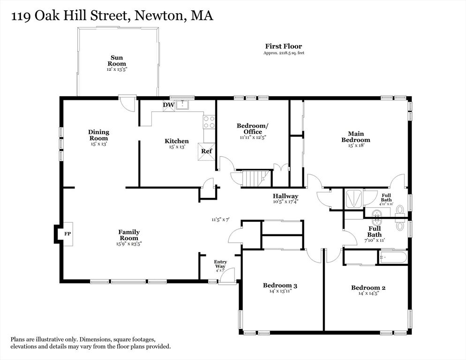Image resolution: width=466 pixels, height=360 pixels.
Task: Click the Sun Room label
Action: tap(116, 60)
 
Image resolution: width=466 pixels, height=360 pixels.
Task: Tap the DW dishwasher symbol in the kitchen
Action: tap(168, 105)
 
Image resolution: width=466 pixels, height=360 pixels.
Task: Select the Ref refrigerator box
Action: tap(206, 151)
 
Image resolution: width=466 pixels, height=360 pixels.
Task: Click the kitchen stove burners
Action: tap(209, 122)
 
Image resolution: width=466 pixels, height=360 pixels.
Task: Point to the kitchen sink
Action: tap(182, 105)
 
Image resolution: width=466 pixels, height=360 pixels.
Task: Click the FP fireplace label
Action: tap(68, 233)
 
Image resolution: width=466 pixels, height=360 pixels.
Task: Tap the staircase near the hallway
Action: tap(256, 179)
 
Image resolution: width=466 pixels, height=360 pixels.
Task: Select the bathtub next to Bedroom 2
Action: tap(392, 257)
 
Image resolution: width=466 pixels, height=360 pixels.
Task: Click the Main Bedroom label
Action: tap(356, 137)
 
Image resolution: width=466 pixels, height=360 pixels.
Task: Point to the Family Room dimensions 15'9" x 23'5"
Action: tap(129, 244)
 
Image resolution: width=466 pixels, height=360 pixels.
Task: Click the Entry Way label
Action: tap(220, 264)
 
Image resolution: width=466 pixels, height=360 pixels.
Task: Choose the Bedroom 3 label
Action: tap(280, 285)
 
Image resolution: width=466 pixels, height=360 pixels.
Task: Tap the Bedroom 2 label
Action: tap(368, 287)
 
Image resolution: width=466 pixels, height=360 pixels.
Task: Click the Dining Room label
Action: tap(98, 135)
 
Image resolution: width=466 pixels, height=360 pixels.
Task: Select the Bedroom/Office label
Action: tap(253, 129)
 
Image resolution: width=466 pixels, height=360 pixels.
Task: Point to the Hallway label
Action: tap(286, 196)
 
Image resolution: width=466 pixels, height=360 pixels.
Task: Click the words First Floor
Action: tap(284, 46)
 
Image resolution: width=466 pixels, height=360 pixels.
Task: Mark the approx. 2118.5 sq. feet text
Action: tap(284, 53)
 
